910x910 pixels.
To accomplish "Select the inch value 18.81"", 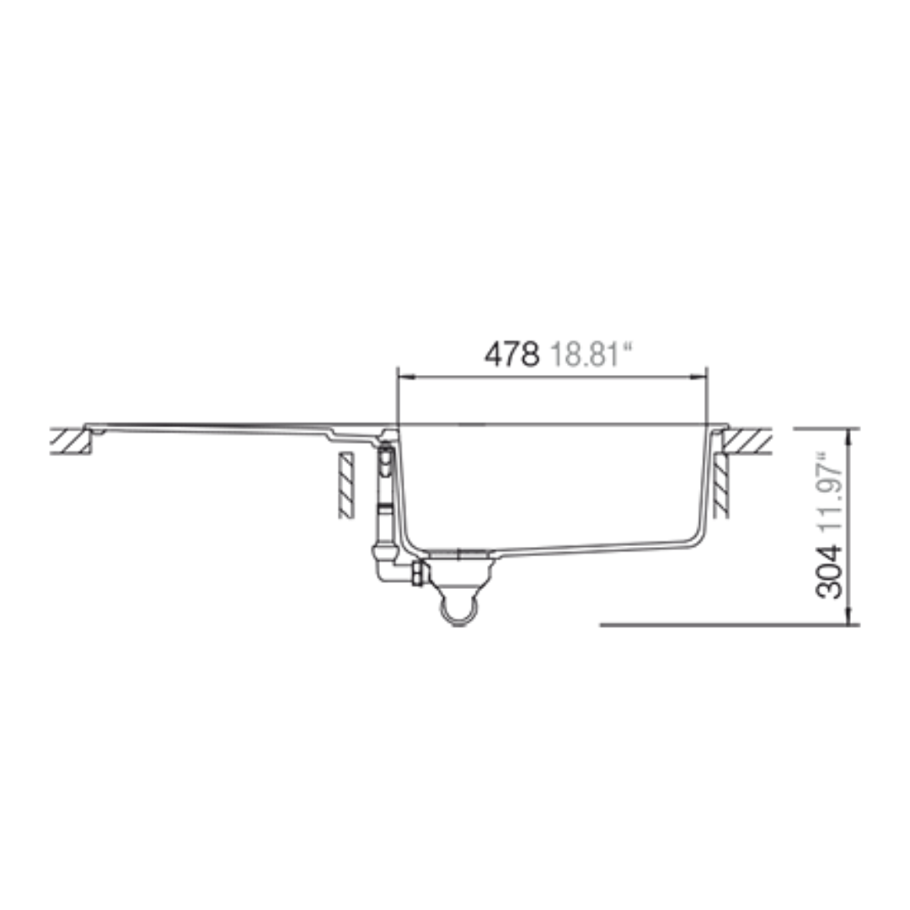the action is click(590, 354).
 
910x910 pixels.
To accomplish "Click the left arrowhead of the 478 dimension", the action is click(404, 377).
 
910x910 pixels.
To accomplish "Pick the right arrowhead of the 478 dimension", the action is click(699, 377).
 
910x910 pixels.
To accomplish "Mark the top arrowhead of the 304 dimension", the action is click(849, 436).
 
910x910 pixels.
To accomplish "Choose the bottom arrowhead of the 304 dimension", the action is click(849, 616).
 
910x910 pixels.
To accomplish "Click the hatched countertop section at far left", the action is click(71, 441).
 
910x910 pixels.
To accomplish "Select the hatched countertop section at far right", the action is click(747, 441).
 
